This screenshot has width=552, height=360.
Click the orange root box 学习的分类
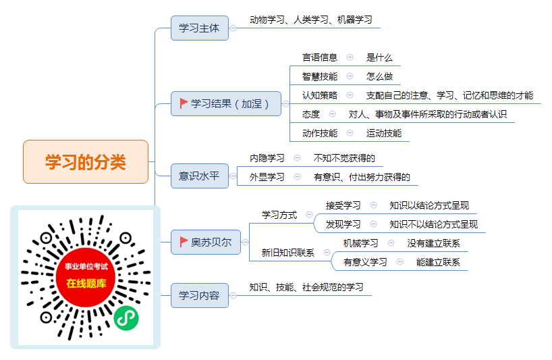(x=86, y=161)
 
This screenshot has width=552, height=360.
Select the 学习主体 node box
(x=200, y=28)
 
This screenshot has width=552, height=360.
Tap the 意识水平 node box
(x=200, y=176)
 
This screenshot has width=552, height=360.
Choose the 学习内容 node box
(x=200, y=295)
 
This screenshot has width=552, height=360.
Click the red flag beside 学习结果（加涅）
(x=184, y=103)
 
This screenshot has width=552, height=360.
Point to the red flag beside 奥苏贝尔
(x=184, y=242)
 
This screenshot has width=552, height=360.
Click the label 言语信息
(x=320, y=57)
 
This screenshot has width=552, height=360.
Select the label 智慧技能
(x=320, y=76)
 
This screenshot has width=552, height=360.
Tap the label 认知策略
(x=320, y=95)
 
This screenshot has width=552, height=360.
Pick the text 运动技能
(x=384, y=133)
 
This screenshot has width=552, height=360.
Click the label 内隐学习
(x=267, y=158)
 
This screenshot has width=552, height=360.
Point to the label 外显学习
(x=267, y=177)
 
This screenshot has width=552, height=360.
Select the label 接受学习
(x=343, y=205)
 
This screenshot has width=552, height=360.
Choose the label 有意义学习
(x=365, y=262)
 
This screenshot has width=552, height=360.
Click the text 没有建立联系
(x=434, y=243)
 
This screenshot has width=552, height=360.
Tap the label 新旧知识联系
(x=288, y=253)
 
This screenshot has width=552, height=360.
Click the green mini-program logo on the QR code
(x=126, y=318)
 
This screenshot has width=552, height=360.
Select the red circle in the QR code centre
(x=86, y=277)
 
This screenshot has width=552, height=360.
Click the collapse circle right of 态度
(x=332, y=113)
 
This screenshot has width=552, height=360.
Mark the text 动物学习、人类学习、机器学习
(x=311, y=20)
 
